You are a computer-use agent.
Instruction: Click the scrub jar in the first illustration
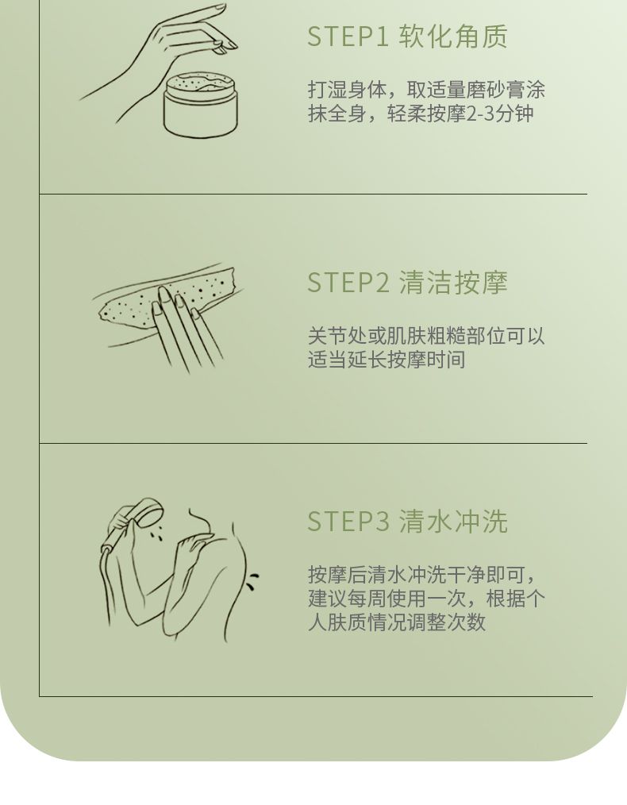tap(201, 104)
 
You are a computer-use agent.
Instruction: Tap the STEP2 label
tap(348, 283)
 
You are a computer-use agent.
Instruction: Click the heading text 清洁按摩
tap(453, 283)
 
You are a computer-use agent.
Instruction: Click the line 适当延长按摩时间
tap(387, 360)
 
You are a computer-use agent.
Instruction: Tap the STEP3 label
tap(348, 521)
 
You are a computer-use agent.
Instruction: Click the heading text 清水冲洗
tap(453, 521)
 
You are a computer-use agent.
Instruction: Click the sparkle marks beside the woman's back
tap(252, 580)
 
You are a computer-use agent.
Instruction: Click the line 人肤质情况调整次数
tap(397, 622)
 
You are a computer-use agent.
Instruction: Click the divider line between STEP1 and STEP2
tap(313, 194)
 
